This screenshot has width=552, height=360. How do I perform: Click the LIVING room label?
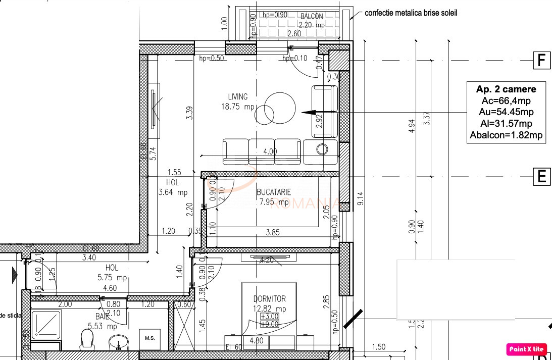(x=238, y=97)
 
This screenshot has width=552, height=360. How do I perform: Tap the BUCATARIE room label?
(x=274, y=192)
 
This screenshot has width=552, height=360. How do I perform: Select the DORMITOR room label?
(x=269, y=299)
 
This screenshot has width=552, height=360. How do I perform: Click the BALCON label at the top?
(x=311, y=16)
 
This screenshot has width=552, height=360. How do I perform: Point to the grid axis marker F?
(x=541, y=61)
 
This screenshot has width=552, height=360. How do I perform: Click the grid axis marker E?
(x=541, y=177)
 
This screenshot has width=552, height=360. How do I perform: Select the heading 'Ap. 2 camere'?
(x=506, y=89)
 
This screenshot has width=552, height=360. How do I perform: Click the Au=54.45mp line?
(x=506, y=112)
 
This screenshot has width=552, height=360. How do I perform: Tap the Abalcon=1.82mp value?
(x=506, y=135)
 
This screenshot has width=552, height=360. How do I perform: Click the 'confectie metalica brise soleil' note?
(x=411, y=13)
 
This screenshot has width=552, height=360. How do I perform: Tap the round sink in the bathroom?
(x=119, y=342)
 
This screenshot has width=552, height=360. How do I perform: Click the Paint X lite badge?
(x=527, y=348)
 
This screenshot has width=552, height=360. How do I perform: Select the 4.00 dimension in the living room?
(x=270, y=151)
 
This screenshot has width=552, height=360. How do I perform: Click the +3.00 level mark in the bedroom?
(x=269, y=316)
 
